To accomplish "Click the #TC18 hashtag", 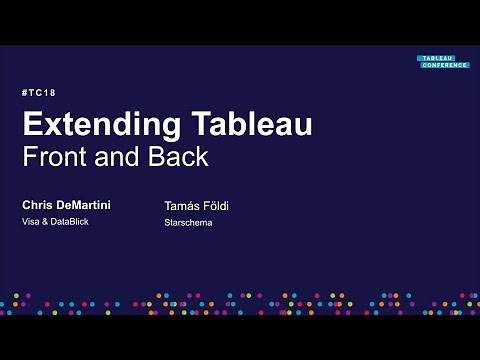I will point(38,93).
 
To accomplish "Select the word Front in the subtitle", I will point(56,157).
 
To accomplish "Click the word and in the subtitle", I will point(120,157).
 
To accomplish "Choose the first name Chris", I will point(39,204).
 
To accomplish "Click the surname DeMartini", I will point(85,204).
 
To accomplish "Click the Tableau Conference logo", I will point(443,62).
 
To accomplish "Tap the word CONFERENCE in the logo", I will point(443,65).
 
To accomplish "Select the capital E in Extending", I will point(32,126).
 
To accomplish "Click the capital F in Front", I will point(29,157).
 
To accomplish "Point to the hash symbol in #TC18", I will point(24,93).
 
